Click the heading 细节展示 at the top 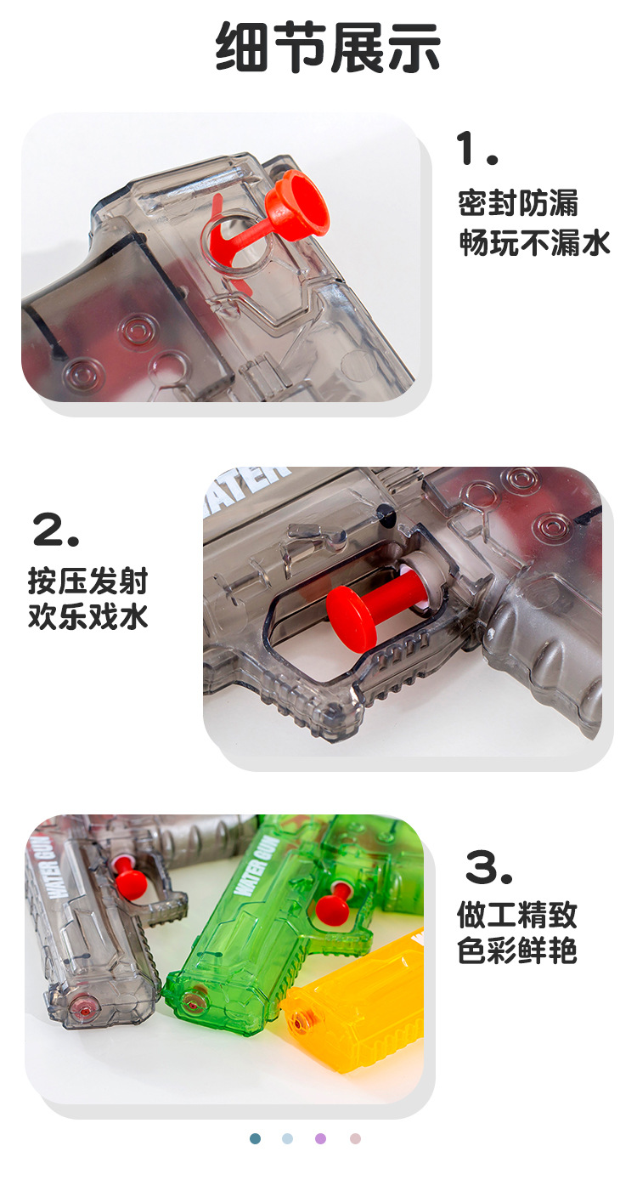pos(328,48)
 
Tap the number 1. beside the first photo pos(477,149)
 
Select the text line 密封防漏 pos(518,203)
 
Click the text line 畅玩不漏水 pos(534,243)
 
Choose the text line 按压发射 pos(87,581)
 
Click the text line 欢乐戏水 pos(87,616)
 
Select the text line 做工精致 pos(517,915)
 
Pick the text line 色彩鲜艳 pos(517,950)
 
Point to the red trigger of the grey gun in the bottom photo pos(128,882)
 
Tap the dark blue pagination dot pos(256,1138)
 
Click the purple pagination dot pos(321,1138)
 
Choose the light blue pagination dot pos(288,1138)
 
